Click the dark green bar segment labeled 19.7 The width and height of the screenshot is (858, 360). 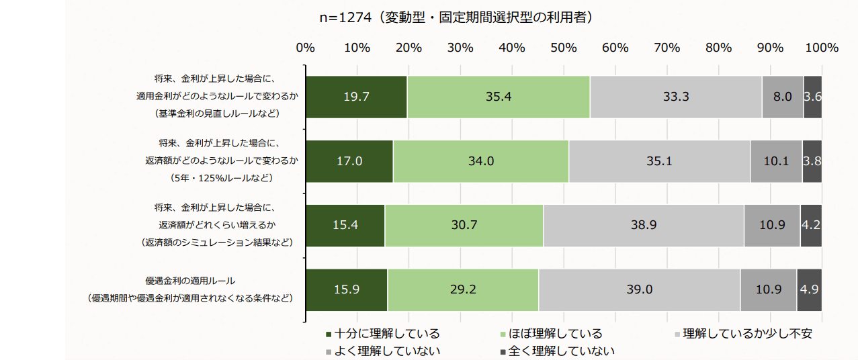[x=356, y=97]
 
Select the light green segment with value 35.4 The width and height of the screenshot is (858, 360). [x=498, y=97]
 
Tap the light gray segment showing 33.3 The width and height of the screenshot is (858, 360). [x=675, y=97]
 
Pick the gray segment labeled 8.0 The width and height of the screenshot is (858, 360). [x=782, y=97]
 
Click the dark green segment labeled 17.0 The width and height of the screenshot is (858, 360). [x=349, y=161]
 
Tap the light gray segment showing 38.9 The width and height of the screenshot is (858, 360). [x=643, y=225]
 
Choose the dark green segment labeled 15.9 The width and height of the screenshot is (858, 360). [x=347, y=289]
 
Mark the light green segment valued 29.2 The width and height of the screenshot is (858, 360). [x=462, y=289]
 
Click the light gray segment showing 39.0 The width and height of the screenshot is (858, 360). [x=639, y=289]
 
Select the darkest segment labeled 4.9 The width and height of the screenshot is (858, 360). [x=809, y=289]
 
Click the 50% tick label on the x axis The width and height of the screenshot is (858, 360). [x=564, y=48]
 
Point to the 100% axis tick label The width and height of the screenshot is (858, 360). [x=821, y=48]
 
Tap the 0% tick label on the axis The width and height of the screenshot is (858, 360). [x=306, y=48]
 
